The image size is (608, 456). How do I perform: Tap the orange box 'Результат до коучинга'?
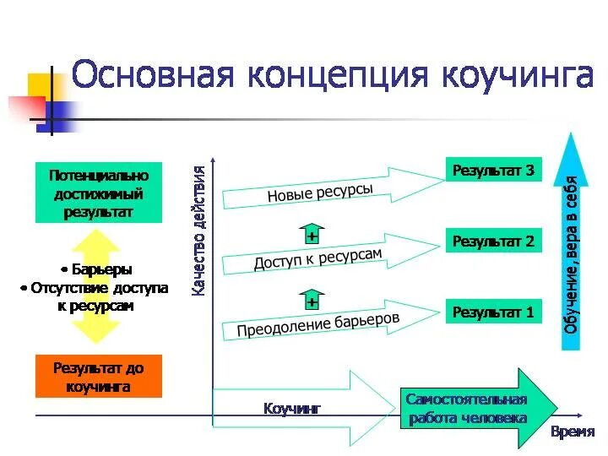click(x=98, y=377)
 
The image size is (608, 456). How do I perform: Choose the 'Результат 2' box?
click(x=494, y=242)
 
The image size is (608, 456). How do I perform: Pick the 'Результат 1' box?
click(x=494, y=312)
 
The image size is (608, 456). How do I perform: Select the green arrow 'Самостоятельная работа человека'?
click(x=473, y=409)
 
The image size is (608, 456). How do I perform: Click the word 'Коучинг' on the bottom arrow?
click(x=293, y=409)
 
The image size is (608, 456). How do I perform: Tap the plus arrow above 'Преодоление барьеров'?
click(x=312, y=299)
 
